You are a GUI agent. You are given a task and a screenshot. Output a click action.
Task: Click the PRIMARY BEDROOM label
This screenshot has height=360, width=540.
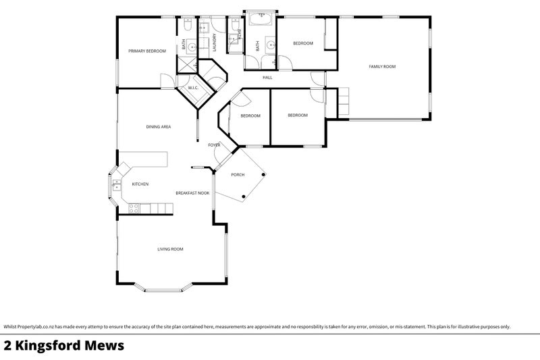click(147, 51)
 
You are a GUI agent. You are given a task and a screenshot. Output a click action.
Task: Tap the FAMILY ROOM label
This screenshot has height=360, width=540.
click(381, 66)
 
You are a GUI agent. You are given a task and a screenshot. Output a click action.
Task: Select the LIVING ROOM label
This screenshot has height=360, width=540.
click(170, 249)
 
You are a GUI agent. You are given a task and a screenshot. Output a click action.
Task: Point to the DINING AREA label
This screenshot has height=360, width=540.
click(158, 126)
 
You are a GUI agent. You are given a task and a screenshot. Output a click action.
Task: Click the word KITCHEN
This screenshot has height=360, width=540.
click(140, 184)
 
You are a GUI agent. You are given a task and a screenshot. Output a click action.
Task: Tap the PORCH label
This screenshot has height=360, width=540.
click(238, 174)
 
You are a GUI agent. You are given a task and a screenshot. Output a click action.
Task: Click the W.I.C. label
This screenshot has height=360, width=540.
click(192, 87)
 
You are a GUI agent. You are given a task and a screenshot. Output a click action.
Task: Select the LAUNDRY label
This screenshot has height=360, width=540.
click(214, 42)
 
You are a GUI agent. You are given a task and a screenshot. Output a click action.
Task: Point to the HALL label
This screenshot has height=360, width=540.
click(267, 78)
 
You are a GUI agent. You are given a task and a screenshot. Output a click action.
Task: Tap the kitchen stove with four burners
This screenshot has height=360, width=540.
click(134, 209)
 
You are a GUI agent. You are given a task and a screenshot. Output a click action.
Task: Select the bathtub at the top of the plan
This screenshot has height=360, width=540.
click(260, 18)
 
